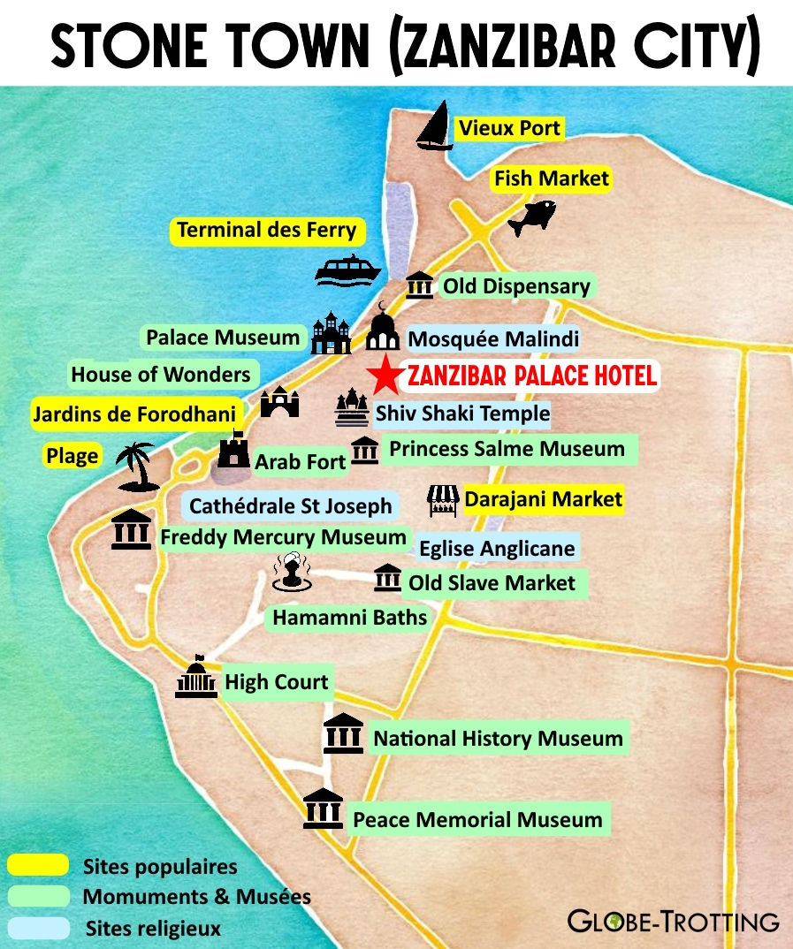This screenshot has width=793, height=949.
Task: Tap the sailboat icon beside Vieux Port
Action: click(x=434, y=127)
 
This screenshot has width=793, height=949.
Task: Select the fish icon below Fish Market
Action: click(x=532, y=216)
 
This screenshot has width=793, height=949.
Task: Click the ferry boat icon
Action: click(x=347, y=270)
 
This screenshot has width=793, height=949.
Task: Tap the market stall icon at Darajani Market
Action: click(x=443, y=501)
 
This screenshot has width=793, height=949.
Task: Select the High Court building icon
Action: click(x=195, y=679)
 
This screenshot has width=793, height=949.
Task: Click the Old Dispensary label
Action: click(x=516, y=286)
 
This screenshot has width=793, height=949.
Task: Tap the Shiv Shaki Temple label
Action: click(x=462, y=413)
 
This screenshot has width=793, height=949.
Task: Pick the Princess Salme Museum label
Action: click(x=507, y=449)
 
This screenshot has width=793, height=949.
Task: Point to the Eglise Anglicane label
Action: click(x=497, y=548)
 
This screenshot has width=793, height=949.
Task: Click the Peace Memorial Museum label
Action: click(x=477, y=819)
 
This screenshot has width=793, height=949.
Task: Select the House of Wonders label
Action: click(x=161, y=375)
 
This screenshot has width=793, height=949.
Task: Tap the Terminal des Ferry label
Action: click(x=266, y=232)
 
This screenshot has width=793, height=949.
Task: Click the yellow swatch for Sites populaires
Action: click(x=37, y=865)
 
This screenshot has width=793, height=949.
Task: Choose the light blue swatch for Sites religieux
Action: click(x=37, y=928)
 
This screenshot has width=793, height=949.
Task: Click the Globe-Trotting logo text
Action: click(x=673, y=921)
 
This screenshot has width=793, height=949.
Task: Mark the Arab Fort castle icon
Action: click(x=233, y=451)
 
